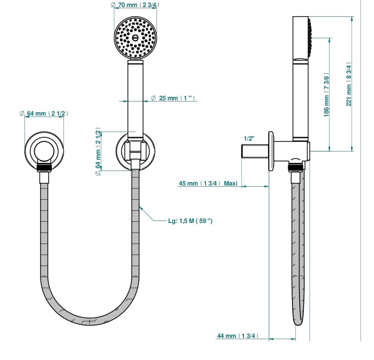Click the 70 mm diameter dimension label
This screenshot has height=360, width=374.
pos(135,5)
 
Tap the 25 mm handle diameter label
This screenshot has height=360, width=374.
pos(173,98)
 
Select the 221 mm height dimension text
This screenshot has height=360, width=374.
pos(349,84)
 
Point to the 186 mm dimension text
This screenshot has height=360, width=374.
pos(327,95)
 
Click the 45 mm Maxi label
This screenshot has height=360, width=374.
pos(208,183)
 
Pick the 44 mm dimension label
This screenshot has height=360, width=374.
pos(237,336)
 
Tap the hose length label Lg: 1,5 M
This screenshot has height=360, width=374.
pos(190,221)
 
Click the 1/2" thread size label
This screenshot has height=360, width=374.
pos(249,138)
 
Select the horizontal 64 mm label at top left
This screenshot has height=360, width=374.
pos(44,113)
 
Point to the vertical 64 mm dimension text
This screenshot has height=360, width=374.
pos(98,152)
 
